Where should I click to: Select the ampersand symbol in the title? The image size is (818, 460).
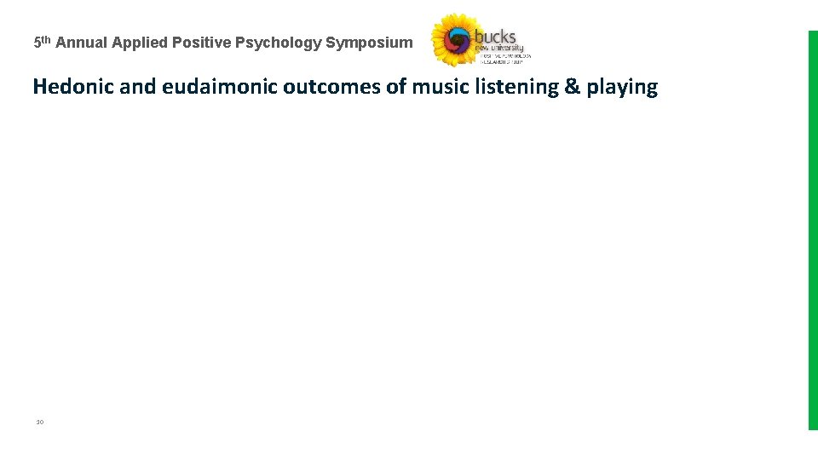tap(572, 87)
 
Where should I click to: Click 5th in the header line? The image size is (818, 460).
tap(42, 42)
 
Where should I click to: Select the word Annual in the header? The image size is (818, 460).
tap(82, 43)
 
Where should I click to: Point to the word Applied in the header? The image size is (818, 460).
tap(140, 43)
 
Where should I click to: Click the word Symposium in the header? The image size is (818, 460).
tap(369, 43)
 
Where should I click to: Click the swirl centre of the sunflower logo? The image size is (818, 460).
tap(458, 40)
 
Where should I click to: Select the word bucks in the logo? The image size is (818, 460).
tap(495, 37)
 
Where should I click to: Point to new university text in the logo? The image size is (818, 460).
tap(499, 49)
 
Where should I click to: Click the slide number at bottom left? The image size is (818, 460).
tap(39, 422)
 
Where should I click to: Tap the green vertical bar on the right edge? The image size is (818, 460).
tap(812, 230)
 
